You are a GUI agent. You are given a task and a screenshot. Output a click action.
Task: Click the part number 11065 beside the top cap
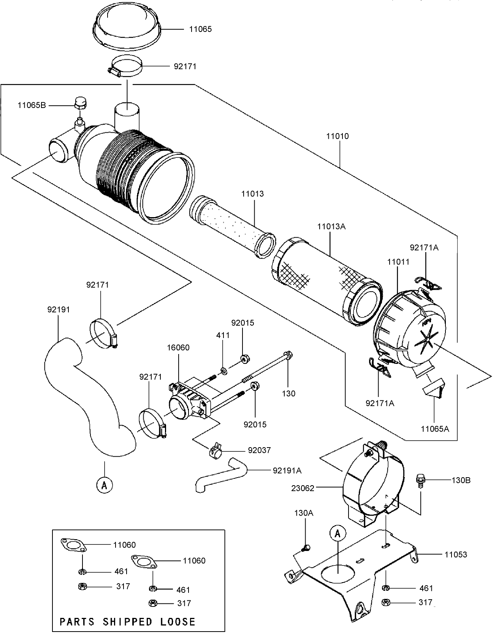tap(200, 29)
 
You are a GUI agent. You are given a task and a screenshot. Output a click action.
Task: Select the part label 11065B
tap(32, 105)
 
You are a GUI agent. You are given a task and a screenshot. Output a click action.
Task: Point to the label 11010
tap(337, 136)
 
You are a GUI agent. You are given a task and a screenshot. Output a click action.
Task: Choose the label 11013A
tap(331, 227)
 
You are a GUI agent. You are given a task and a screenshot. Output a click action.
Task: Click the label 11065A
tap(435, 429)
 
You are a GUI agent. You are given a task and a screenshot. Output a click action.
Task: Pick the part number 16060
tap(178, 348)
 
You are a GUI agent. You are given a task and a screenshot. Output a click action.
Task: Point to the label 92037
tap(259, 450)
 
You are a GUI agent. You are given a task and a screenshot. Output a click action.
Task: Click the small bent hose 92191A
tap(220, 476)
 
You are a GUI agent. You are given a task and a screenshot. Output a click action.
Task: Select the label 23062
tap(303, 488)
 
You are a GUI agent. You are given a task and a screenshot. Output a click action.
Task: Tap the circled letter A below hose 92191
tap(104, 484)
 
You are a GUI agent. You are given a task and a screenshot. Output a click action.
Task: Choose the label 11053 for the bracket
tap(456, 555)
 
